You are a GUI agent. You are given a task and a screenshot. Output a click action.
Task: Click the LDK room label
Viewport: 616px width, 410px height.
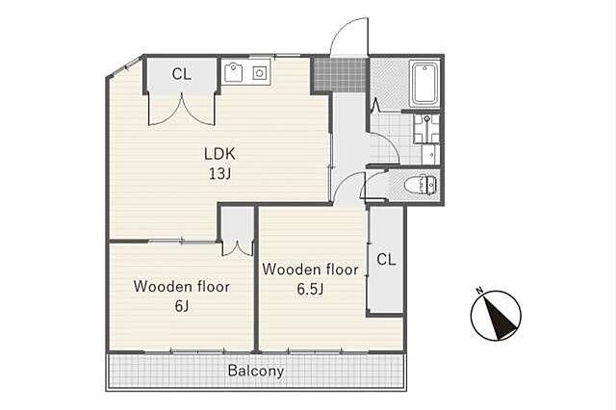pos(219,154)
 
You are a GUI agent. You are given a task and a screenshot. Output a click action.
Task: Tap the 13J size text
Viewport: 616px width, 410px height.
pos(219,173)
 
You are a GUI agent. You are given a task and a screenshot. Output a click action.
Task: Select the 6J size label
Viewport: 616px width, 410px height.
pos(182,305)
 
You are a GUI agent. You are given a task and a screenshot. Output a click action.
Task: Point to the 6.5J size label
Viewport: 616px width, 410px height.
pos(310,289)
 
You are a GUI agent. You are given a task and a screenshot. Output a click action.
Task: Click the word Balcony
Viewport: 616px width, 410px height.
pos(256,371)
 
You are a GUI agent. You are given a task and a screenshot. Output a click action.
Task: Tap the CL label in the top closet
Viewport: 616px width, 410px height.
pos(182,73)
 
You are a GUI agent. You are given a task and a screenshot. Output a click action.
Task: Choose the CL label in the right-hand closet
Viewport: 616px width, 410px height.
pos(386,259)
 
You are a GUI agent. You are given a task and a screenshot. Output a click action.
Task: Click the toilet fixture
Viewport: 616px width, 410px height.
pos(422,184)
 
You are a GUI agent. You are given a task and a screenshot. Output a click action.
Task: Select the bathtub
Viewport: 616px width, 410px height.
pos(424,84)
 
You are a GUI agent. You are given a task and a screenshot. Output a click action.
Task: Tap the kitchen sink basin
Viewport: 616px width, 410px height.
pos(234,73)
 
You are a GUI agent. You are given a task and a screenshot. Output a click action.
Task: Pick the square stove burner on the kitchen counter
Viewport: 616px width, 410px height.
pos(259,73)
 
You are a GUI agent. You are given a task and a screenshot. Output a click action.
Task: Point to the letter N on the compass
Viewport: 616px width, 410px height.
pos(479,291)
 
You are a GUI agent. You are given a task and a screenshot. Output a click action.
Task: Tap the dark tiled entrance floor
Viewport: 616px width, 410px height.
pos(340,74)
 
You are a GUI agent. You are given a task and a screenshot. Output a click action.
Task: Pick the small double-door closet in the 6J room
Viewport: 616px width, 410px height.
pos(238,231)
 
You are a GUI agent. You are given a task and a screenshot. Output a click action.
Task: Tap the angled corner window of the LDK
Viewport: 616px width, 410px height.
pos(125,66)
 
